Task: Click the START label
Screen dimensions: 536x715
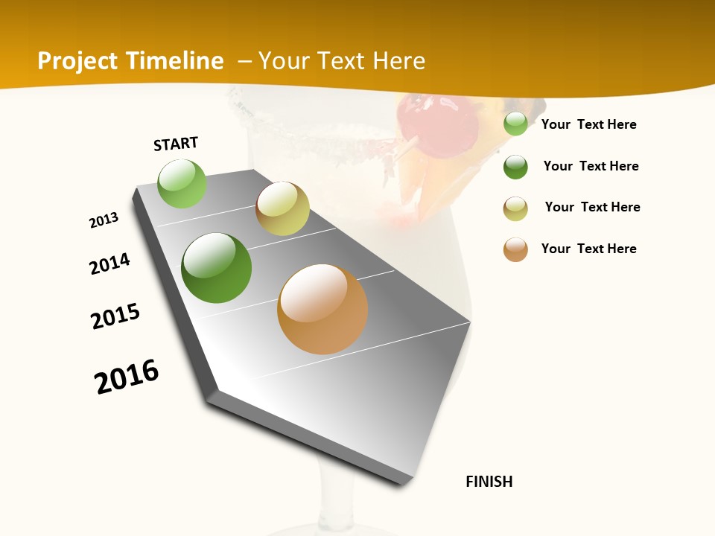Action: tap(176, 144)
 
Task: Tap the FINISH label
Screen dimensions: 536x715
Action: tap(489, 482)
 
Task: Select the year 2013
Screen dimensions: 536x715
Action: tap(104, 220)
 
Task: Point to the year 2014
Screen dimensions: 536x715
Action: tap(110, 264)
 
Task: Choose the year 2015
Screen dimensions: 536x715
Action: tap(115, 316)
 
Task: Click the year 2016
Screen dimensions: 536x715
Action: tap(127, 376)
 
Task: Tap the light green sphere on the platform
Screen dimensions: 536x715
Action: tap(182, 184)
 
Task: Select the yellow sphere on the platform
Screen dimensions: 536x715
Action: tap(282, 208)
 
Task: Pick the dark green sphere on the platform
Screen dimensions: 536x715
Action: tap(216, 268)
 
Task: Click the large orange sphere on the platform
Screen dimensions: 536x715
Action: tap(322, 309)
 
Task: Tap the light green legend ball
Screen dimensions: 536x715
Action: tap(515, 124)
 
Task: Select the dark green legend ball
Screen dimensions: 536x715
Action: tap(515, 167)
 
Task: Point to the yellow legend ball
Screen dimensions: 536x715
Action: tap(515, 208)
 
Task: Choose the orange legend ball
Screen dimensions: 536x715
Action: tap(515, 249)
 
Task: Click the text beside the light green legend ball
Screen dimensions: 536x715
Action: tap(588, 124)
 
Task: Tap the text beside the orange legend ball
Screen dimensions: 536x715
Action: tap(588, 249)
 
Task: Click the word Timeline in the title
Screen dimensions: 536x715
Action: tap(177, 61)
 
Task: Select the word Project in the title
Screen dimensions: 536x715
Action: tap(78, 61)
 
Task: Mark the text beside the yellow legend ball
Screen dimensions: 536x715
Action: tap(592, 207)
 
